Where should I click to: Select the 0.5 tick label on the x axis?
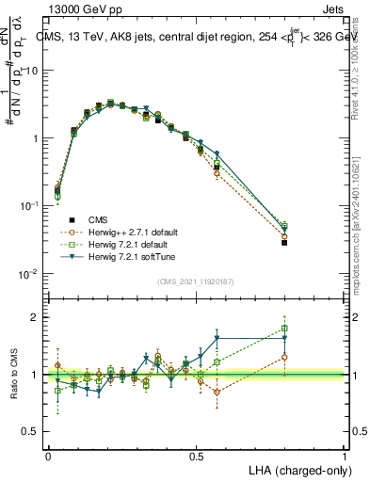point(197,455)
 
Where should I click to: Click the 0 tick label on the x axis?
point(48,455)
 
